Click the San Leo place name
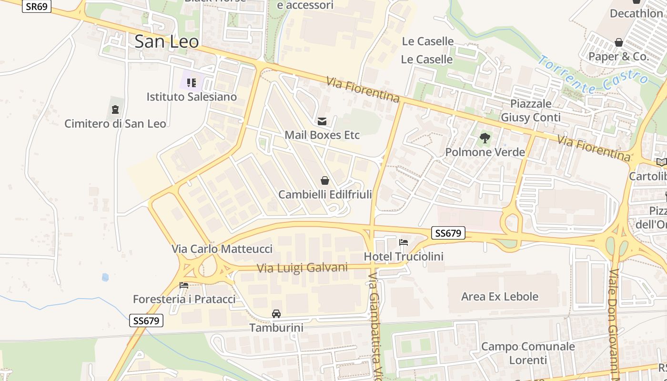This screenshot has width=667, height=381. (x=166, y=41)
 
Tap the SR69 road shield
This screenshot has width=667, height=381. (x=36, y=6)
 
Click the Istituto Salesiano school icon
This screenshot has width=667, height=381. (x=192, y=83)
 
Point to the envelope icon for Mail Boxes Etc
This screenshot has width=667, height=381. (x=322, y=121)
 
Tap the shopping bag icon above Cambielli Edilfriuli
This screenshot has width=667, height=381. (x=325, y=180)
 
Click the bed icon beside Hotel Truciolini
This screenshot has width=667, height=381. (x=404, y=242)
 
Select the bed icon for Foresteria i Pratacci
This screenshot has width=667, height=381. (x=184, y=285)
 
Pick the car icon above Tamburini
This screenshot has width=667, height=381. (x=276, y=314)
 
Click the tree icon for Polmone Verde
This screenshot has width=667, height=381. (x=485, y=139)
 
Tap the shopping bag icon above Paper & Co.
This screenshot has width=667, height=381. (x=619, y=43)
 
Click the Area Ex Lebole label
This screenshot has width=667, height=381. (x=499, y=296)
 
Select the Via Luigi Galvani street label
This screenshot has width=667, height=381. (x=302, y=268)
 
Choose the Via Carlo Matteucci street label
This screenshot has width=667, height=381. (x=222, y=249)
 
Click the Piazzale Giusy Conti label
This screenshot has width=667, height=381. (x=530, y=110)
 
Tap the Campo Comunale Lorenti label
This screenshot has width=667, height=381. (x=528, y=353)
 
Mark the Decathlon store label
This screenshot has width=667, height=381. (x=636, y=13)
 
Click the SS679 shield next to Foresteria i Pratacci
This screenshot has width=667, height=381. (x=146, y=321)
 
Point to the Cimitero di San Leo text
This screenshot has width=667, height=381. (x=115, y=124)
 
